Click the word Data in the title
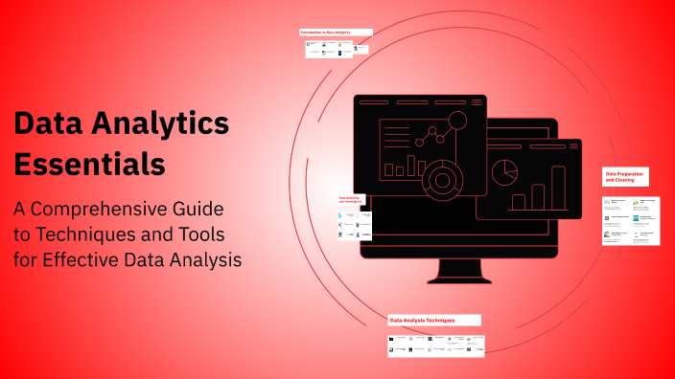pyautogui.click(x=46, y=124)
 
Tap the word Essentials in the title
pyautogui.click(x=89, y=164)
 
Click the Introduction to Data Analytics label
pyautogui.click(x=336, y=33)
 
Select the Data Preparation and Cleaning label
pyautogui.click(x=625, y=176)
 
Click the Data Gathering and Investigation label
pyautogui.click(x=351, y=201)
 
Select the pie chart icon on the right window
pyautogui.click(x=504, y=172)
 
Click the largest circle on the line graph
pyautogui.click(x=457, y=120)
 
